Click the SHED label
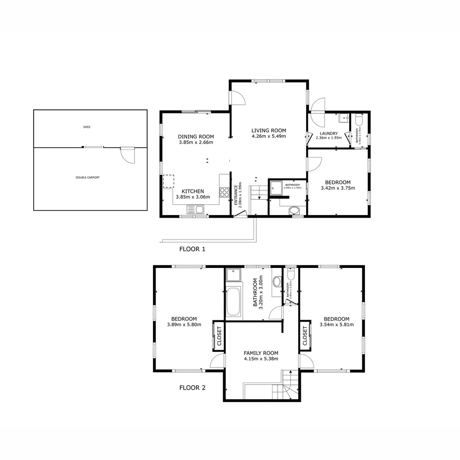87,127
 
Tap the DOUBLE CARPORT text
88,178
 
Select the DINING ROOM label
196,137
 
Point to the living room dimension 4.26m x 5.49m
268,137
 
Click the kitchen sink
195,209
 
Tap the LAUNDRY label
329,133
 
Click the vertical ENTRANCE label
236,195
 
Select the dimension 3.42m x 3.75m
338,188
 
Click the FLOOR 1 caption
192,249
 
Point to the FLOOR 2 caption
192,388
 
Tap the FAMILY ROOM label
261,353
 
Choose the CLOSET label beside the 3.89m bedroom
219,336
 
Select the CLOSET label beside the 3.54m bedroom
305,336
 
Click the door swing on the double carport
127,155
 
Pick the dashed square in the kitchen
169,181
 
